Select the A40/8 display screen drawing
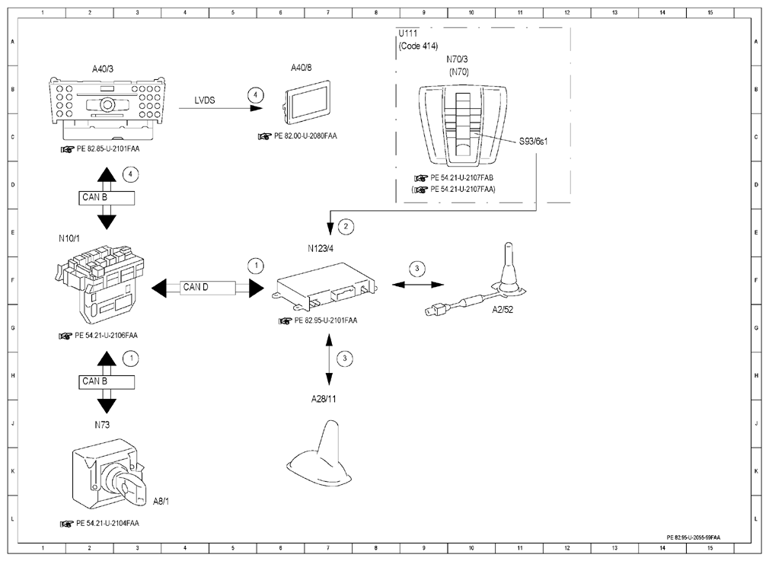(x=307, y=103)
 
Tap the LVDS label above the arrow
(x=205, y=100)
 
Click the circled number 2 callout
(x=346, y=226)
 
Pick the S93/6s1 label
(x=533, y=142)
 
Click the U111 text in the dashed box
(x=408, y=33)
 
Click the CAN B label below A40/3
(x=94, y=197)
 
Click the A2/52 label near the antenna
(x=503, y=310)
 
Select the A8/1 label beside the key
(x=161, y=501)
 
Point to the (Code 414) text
(x=418, y=46)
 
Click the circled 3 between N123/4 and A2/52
(x=417, y=268)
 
